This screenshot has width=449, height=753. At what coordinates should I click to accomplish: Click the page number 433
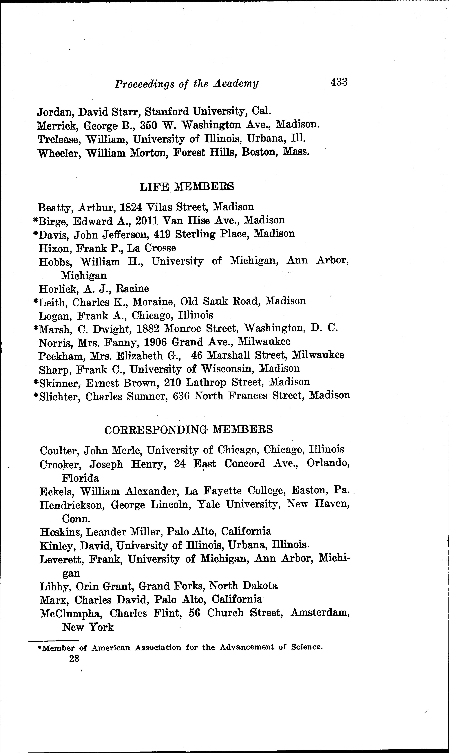click(x=339, y=82)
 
